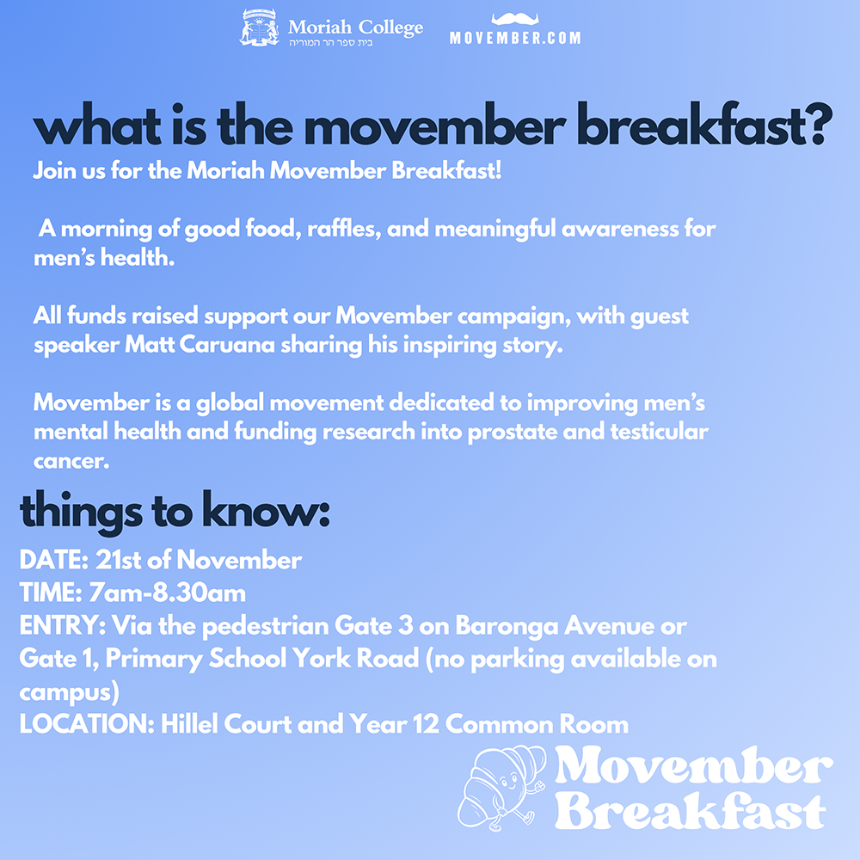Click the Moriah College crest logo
click(x=260, y=27)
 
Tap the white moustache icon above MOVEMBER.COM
click(x=515, y=19)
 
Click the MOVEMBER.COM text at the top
click(x=515, y=38)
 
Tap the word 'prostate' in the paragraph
click(x=512, y=433)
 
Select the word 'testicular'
click(x=660, y=432)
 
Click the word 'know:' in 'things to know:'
click(x=266, y=511)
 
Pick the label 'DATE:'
click(x=53, y=560)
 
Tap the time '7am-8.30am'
click(x=168, y=593)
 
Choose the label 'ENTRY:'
click(x=63, y=626)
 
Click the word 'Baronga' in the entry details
click(x=507, y=626)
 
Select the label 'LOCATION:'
click(x=87, y=724)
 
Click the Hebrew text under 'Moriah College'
click(x=331, y=42)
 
